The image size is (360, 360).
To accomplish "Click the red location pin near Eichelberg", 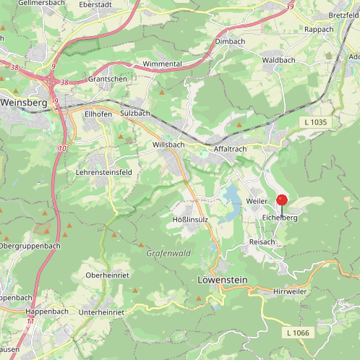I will [x=282, y=201].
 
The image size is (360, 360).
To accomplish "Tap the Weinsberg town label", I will [x=24, y=103].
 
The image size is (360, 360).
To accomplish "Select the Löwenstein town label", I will [x=222, y=279].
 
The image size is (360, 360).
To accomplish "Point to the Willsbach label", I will [x=168, y=145].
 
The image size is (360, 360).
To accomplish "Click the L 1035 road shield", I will [x=315, y=122].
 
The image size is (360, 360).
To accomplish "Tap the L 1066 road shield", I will [x=297, y=332].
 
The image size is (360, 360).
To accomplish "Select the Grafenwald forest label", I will [x=168, y=253].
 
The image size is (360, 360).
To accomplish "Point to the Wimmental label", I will [x=162, y=64].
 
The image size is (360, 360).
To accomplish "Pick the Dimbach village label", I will [x=230, y=42].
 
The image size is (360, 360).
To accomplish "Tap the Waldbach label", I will [x=278, y=60].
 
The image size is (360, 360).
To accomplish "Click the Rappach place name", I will [x=319, y=30].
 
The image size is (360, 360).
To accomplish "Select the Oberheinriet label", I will [x=108, y=276].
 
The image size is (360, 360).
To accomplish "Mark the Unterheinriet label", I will [x=102, y=312].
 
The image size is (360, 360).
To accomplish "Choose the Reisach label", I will [x=262, y=241].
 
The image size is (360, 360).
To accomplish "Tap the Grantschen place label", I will [x=107, y=78].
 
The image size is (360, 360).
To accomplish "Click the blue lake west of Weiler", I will [x=231, y=196].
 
